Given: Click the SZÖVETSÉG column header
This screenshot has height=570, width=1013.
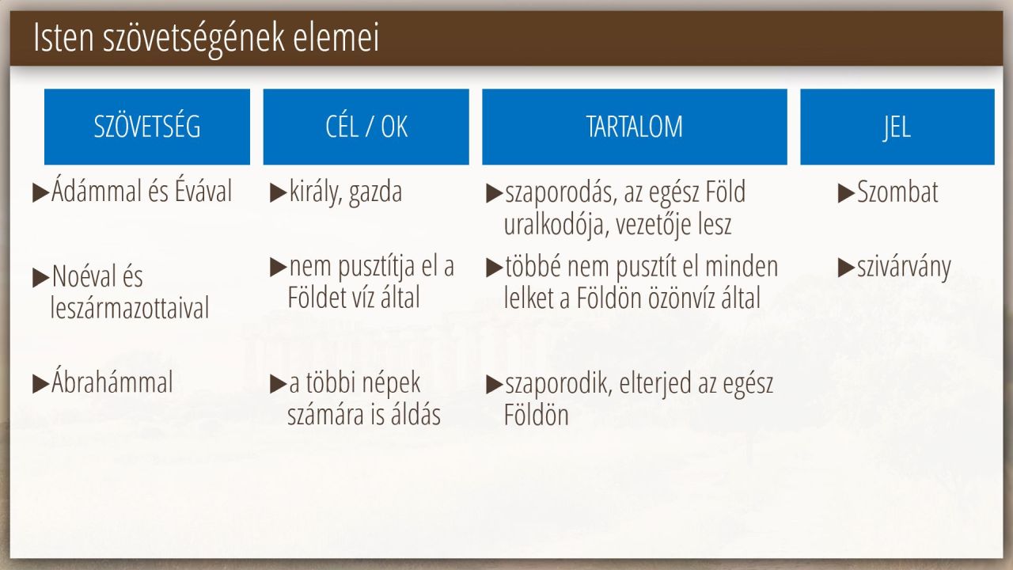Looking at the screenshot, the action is click(x=147, y=127).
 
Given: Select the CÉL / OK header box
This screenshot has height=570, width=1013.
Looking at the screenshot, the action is click(x=366, y=127).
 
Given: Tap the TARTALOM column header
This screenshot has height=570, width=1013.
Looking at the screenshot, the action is click(x=635, y=127).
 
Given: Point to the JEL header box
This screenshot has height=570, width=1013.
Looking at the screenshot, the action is click(x=897, y=127).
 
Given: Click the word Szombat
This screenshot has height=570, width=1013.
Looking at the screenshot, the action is click(x=897, y=192).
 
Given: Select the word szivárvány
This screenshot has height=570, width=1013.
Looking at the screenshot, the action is click(x=904, y=268).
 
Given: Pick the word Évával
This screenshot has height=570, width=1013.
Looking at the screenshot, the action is click(x=203, y=190).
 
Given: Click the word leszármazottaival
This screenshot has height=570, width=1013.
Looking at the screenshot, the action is click(x=130, y=308).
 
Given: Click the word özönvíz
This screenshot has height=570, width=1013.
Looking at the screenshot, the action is click(x=685, y=298).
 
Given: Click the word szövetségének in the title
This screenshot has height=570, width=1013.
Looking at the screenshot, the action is click(x=194, y=38).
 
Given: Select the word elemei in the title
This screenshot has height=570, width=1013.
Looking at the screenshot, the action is click(x=336, y=37).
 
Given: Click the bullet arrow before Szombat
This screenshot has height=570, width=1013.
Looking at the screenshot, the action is click(x=846, y=193).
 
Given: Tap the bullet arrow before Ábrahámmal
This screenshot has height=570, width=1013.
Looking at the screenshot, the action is click(x=41, y=384).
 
